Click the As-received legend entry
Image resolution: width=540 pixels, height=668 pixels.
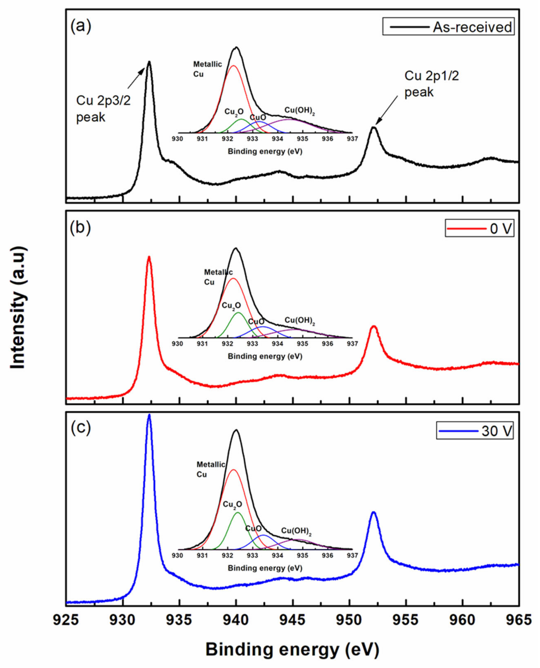pos(448,27)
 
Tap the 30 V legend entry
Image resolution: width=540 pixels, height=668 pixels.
pos(475,431)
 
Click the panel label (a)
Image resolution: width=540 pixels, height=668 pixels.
pos(80,26)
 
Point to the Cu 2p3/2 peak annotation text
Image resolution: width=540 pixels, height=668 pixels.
pos(103,109)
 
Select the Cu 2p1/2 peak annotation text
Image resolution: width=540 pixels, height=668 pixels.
pos(431,84)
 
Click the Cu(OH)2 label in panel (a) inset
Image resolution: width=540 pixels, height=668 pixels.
pos(299,111)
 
